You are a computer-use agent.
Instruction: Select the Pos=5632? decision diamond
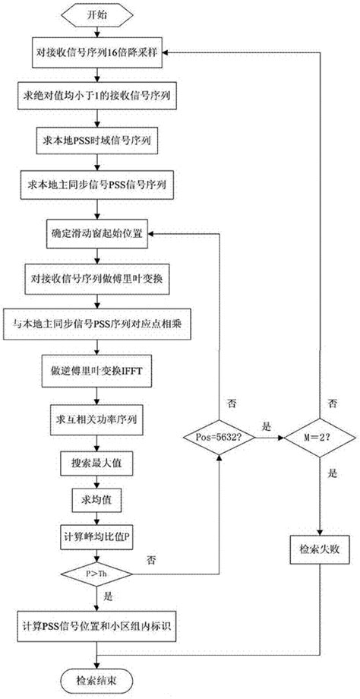coord(219,438)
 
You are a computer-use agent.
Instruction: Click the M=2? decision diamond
coord(318,438)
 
